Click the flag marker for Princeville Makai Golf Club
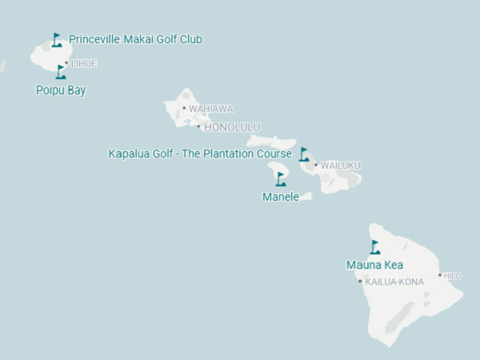click(56, 40)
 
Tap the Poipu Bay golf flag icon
click(61, 72)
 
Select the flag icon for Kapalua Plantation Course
click(304, 154)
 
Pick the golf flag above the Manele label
click(281, 178)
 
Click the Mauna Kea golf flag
click(374, 247)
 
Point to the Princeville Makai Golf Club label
click(135, 39)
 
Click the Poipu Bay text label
click(61, 90)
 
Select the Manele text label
click(281, 197)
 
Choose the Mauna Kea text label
click(374, 265)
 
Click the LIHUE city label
click(84, 63)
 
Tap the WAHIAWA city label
click(211, 109)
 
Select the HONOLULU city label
click(232, 127)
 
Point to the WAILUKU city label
click(341, 166)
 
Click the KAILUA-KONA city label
click(394, 282)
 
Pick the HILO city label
click(453, 276)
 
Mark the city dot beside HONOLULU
click(199, 126)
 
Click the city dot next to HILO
click(439, 275)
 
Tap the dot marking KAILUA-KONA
click(361, 281)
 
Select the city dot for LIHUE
click(66, 63)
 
